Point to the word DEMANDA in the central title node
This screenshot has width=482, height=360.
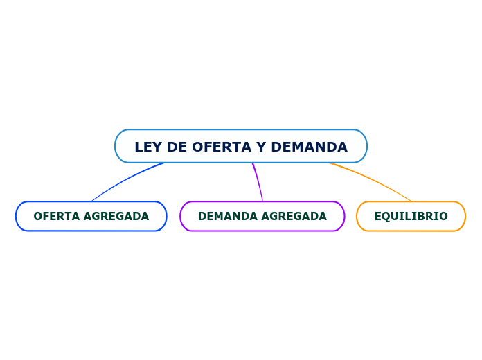[309, 147]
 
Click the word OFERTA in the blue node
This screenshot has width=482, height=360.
[55, 216]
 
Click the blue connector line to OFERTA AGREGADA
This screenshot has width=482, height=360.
[125, 179]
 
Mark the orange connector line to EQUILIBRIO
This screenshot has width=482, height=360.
[374, 180]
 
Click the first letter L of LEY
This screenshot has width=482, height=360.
[139, 147]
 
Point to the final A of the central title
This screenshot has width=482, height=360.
[342, 147]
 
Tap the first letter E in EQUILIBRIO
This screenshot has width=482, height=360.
[378, 216]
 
